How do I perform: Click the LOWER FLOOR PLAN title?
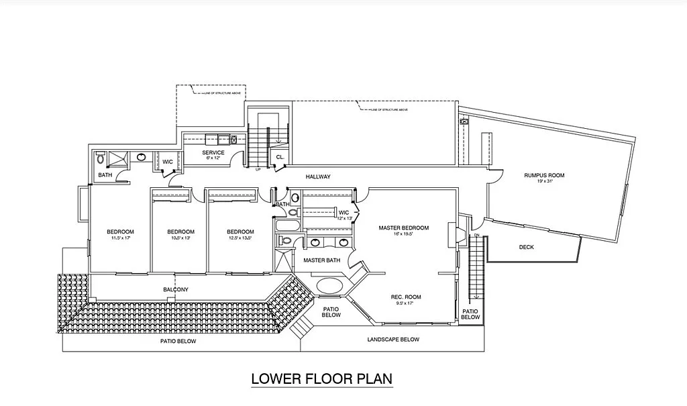321,378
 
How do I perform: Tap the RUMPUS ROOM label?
544,176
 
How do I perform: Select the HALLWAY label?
318,176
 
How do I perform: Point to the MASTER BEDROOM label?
403,227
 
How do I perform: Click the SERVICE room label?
213,153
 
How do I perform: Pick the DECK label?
527,247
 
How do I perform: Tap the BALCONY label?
176,290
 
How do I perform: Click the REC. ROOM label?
405,297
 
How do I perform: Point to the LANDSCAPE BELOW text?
393,340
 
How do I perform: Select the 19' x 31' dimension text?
544,182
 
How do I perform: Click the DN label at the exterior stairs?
476,236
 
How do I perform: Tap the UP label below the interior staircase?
258,169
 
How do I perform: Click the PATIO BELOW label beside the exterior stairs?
470,314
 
